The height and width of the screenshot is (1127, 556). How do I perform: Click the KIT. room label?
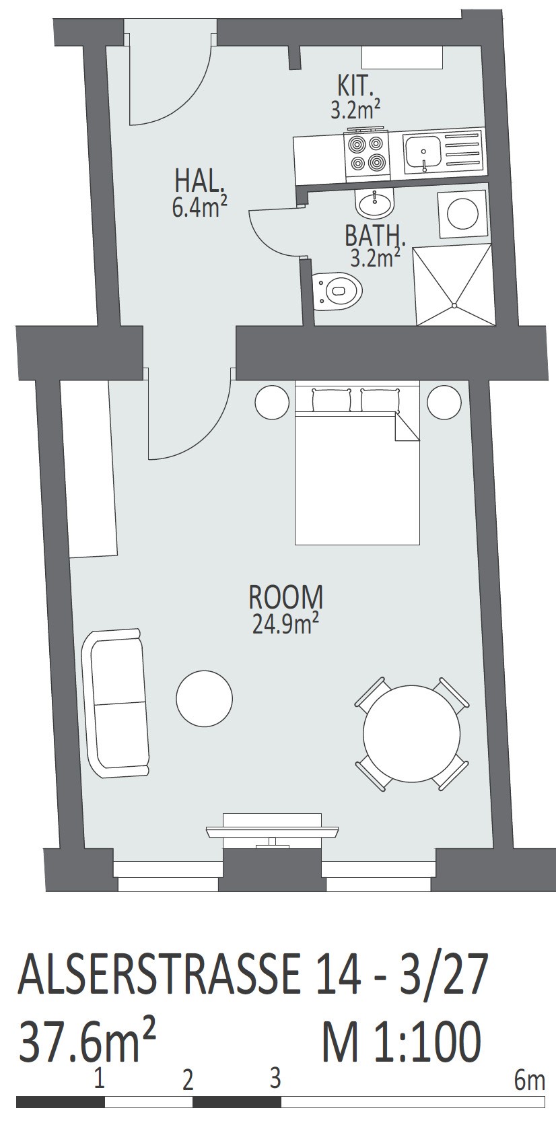pos(355,86)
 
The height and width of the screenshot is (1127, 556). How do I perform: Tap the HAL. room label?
pos(199,181)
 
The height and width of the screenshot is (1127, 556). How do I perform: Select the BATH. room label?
pos(374,236)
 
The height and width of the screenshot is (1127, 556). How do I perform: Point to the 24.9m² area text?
pos(285,624)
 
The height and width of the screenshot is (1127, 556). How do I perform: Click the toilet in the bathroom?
pos(337,290)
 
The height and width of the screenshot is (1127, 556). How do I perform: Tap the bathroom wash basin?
pos(375,203)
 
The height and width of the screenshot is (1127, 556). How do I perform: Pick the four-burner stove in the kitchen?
pos(367,154)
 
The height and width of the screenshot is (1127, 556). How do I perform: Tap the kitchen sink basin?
pos(422,152)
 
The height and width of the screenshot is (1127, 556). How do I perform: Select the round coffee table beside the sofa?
pos(204,698)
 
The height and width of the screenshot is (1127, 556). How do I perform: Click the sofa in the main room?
pos(116,703)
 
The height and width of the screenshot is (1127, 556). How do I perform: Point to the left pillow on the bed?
pos(332,399)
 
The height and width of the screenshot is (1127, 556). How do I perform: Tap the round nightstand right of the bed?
pos(444,402)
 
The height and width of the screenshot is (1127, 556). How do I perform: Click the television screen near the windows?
pos(272,831)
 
